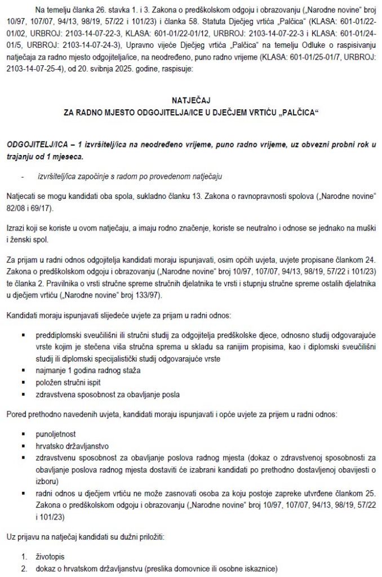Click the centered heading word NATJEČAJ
point(192,97)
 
